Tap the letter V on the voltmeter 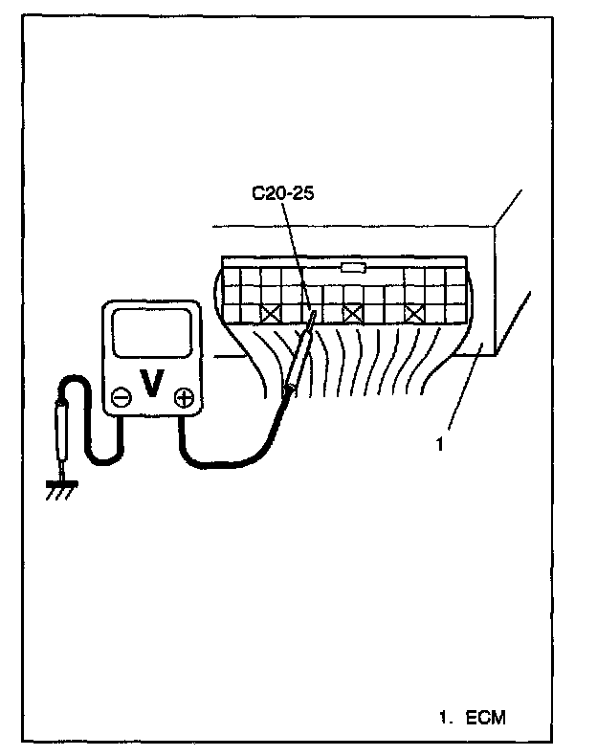(150, 384)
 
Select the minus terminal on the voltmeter (122, 396)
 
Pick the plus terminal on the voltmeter (184, 396)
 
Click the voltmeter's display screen (152, 335)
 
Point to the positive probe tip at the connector (312, 316)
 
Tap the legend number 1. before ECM (444, 716)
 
